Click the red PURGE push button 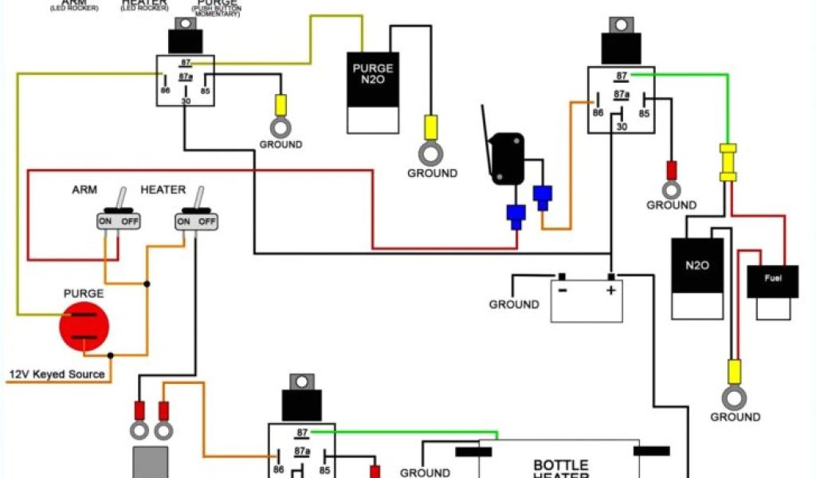(x=84, y=327)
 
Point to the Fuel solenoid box (x=772, y=292)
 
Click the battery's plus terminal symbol (x=610, y=290)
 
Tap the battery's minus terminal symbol (x=563, y=290)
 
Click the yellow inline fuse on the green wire (x=728, y=163)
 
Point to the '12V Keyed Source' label (x=57, y=374)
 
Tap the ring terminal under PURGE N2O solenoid (x=430, y=151)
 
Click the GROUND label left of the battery (x=514, y=304)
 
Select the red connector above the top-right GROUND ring (x=671, y=170)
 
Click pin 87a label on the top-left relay (x=186, y=77)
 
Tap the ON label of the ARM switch (x=105, y=221)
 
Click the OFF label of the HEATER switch (x=206, y=221)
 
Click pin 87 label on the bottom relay (x=302, y=433)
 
